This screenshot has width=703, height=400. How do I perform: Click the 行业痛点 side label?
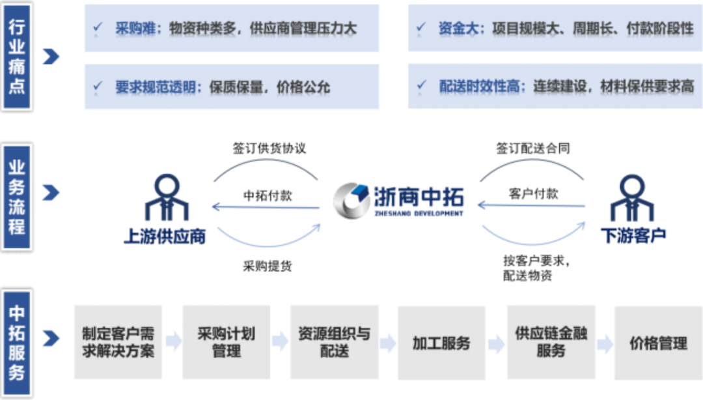[x=16, y=57]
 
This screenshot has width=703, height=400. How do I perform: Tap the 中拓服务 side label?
[x=16, y=343]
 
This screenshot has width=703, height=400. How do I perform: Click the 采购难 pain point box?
[x=232, y=29]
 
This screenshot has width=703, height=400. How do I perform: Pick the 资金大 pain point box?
[x=555, y=29]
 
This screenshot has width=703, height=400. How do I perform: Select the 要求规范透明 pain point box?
[x=232, y=86]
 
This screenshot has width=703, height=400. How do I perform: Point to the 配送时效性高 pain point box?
[x=555, y=86]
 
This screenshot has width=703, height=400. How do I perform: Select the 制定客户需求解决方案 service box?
[x=118, y=343]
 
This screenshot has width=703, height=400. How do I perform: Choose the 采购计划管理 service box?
[x=226, y=343]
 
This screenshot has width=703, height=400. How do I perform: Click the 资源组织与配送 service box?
[x=334, y=343]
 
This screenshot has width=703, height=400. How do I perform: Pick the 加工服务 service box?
[x=441, y=343]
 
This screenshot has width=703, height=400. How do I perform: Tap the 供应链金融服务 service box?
[x=551, y=343]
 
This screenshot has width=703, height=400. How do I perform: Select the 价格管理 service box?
[x=658, y=343]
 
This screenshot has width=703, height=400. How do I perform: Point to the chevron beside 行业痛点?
[x=51, y=57]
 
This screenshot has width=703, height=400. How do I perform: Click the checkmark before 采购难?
[x=98, y=28]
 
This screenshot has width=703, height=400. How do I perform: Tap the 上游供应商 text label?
[x=165, y=236]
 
